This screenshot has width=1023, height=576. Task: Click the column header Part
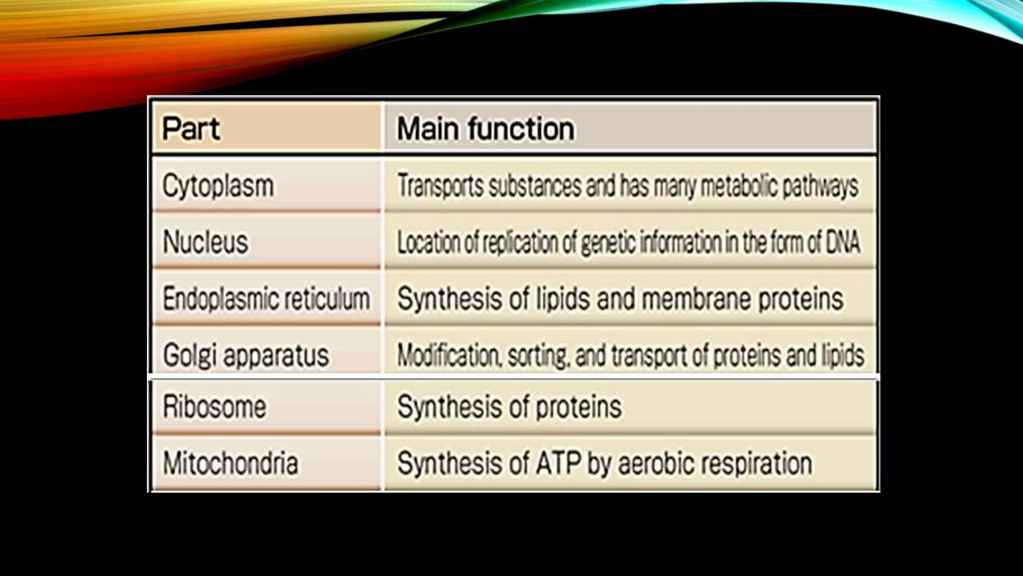tap(191, 128)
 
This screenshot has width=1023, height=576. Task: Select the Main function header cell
tap(485, 128)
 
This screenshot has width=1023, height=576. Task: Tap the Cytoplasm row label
tap(218, 186)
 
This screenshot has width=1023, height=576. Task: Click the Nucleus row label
tap(205, 242)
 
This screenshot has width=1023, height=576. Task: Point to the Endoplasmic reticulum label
tap(266, 299)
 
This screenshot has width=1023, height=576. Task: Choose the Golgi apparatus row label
tap(246, 355)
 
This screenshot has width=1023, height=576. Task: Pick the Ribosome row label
tap(214, 406)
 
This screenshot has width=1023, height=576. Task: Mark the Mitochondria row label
tap(230, 463)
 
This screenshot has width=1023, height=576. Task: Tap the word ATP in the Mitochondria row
tap(558, 463)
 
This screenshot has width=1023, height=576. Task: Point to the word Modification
tap(448, 355)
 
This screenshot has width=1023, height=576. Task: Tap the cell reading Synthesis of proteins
tap(509, 406)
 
